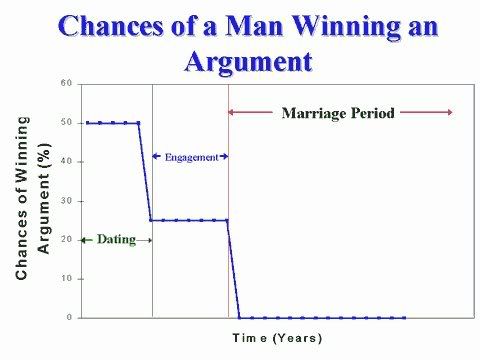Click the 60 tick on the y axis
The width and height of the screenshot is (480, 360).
65,83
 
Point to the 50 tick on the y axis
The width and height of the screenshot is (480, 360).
65,123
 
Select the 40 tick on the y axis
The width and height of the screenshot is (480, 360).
65,162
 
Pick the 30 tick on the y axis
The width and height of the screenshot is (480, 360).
65,201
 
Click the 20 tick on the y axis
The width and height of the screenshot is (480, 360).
65,240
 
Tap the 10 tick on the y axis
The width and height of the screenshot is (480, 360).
65,279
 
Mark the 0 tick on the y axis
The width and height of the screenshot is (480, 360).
68,318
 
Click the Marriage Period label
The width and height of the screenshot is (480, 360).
338,113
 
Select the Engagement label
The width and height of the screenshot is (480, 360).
191,157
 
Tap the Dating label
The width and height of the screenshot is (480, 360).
116,240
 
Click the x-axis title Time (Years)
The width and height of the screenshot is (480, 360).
277,338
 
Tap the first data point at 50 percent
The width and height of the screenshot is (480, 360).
87,123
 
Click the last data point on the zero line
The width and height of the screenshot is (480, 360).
404,318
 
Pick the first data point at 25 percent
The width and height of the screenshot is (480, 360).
151,220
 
